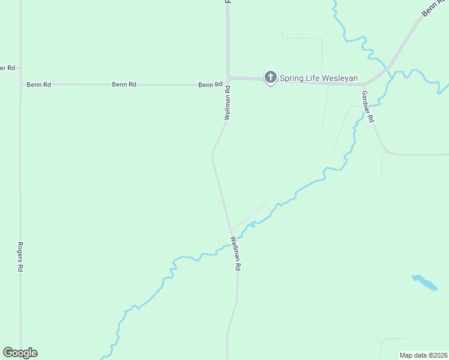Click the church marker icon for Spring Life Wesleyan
(x=271, y=77)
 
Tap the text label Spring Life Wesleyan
(x=318, y=78)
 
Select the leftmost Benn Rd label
(x=38, y=85)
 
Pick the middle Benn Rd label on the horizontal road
(x=124, y=85)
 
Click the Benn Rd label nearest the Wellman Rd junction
(x=210, y=85)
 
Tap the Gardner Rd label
(x=367, y=107)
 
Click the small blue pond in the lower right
(x=425, y=282)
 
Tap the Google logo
(x=20, y=353)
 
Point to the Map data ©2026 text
(x=423, y=355)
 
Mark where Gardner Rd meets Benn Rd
(x=364, y=85)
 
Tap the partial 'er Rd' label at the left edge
(x=7, y=68)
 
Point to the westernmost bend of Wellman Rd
(x=212, y=158)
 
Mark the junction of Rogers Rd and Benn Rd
(x=20, y=85)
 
